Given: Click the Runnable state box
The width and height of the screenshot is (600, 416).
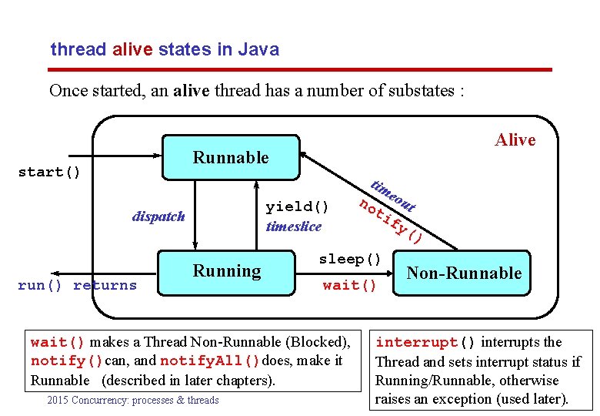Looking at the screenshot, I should point(230,158).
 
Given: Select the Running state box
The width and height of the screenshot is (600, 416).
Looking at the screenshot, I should point(227,271).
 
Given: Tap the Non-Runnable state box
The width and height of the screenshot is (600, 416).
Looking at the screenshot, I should point(463,273).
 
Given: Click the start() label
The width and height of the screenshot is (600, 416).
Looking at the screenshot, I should point(49,172).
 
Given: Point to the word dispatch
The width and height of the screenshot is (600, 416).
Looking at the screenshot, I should point(158,216).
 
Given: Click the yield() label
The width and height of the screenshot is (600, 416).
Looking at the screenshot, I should point(297,206).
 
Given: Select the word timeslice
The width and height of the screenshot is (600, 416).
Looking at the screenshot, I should point(294,226).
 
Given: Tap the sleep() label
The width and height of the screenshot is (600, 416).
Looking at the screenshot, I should point(350,258).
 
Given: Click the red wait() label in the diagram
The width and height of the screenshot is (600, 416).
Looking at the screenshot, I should point(350,286).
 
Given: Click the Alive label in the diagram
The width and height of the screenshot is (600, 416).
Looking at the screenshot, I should point(515,139).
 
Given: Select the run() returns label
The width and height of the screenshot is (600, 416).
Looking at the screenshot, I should point(77,286).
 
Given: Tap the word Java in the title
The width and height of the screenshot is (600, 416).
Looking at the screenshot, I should point(258,50).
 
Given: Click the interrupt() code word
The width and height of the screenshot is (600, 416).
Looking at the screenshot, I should point(425,342).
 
